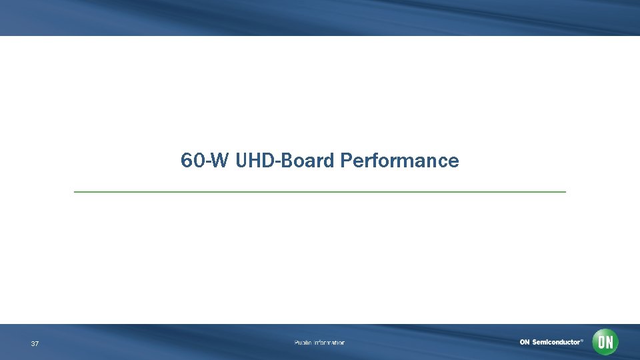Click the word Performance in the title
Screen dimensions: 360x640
(x=399, y=161)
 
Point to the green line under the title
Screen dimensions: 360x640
(x=320, y=192)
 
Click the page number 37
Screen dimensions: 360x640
(x=35, y=344)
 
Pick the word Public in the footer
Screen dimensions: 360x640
(x=303, y=343)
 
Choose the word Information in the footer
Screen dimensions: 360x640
(x=329, y=343)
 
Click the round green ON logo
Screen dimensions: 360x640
(x=605, y=343)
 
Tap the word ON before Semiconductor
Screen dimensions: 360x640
(x=525, y=343)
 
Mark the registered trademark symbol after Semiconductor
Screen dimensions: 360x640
(x=582, y=340)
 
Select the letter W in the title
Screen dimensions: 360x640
(x=220, y=161)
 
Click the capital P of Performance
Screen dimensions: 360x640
(x=345, y=161)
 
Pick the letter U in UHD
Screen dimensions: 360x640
(x=241, y=161)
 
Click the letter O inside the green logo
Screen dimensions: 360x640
(x=601, y=343)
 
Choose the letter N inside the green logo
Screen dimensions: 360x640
(x=609, y=343)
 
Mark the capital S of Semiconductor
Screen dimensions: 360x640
(x=535, y=343)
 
